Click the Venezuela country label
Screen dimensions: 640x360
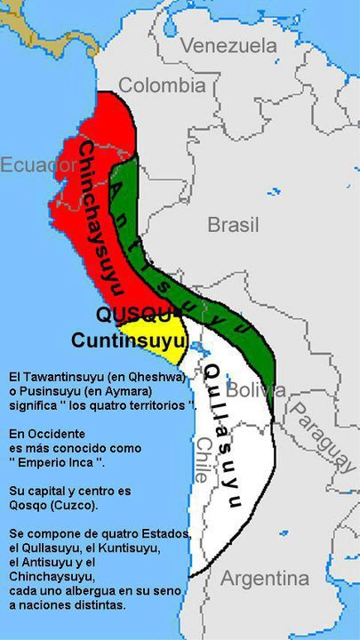coord(228,45)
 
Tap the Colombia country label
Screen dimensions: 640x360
coord(162,85)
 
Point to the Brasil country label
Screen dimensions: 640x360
coord(233,224)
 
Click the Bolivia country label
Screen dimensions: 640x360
coord(257,389)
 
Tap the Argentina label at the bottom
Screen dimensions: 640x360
coord(265,579)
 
